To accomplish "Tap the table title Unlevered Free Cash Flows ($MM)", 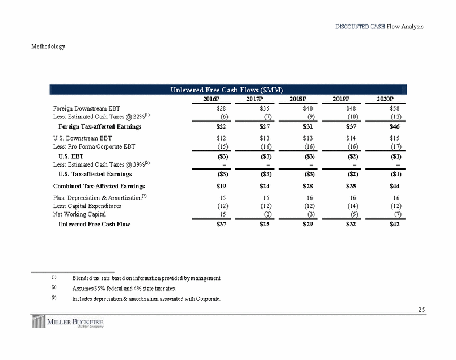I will (227, 90).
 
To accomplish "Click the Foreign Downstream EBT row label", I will (86, 108).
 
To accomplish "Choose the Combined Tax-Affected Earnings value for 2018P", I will (301, 186).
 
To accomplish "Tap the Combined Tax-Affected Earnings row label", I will (99, 186).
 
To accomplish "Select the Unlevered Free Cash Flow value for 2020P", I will (391, 225).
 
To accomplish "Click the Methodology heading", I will (48, 46).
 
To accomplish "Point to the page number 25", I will (420, 310).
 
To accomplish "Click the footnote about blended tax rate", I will (146, 278).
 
